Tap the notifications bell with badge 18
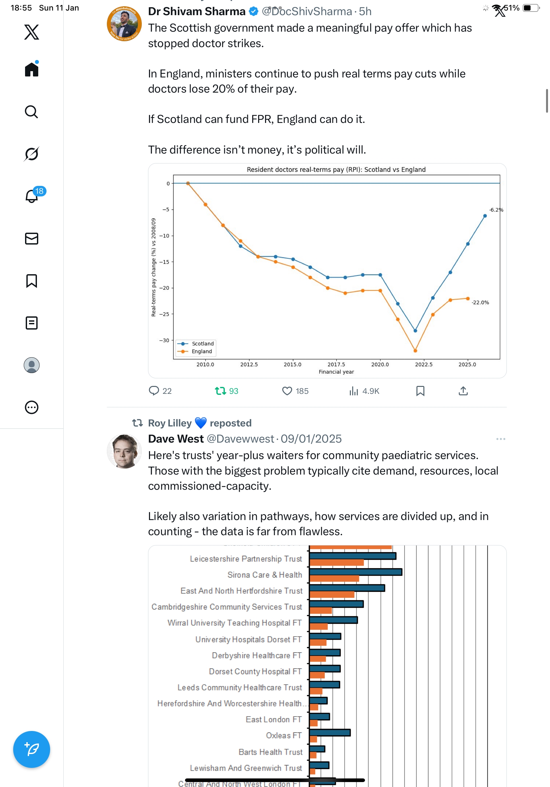click(32, 196)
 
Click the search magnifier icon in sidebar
click(32, 112)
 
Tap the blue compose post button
click(32, 749)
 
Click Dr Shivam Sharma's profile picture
click(124, 24)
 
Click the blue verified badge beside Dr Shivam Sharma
click(253, 12)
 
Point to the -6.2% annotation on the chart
click(496, 210)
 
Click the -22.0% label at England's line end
click(480, 302)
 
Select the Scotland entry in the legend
click(202, 343)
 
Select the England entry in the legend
click(201, 351)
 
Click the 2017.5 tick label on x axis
click(336, 364)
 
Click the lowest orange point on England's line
click(415, 351)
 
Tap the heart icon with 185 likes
click(287, 391)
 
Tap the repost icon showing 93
click(220, 391)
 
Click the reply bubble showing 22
click(154, 391)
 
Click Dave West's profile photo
click(124, 451)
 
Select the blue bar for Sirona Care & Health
click(355, 572)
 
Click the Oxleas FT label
click(284, 735)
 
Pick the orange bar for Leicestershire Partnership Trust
click(336, 563)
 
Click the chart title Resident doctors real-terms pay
click(336, 169)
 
